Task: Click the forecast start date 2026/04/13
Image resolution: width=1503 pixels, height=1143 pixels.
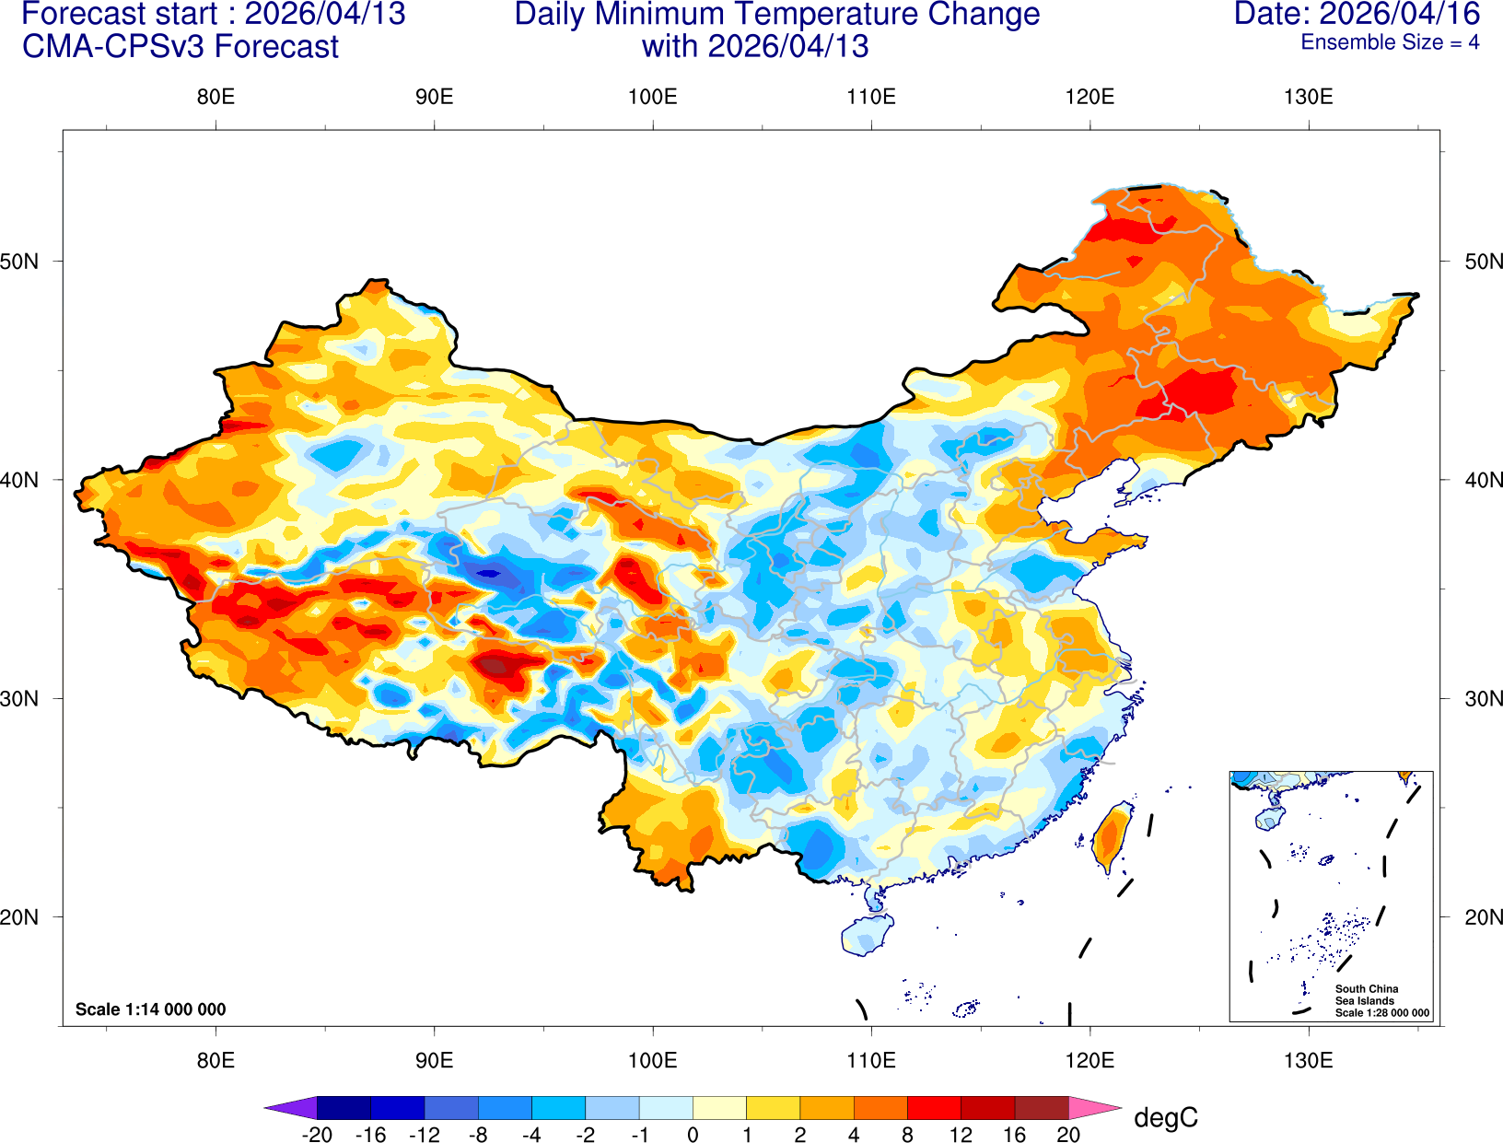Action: tap(324, 15)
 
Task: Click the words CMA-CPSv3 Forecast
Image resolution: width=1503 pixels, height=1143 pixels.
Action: tap(181, 47)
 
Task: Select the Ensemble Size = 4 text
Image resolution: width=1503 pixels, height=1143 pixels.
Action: tap(1390, 42)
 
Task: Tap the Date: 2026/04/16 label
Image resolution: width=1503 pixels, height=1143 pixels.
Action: tap(1357, 15)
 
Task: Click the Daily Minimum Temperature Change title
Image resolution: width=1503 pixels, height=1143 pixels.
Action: tap(776, 15)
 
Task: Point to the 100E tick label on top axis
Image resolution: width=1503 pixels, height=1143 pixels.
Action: tap(652, 98)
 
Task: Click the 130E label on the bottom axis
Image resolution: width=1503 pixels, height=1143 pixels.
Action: tap(1308, 1060)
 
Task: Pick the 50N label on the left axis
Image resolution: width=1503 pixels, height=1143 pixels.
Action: tap(20, 262)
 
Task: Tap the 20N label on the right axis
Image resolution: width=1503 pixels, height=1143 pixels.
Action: tap(1483, 917)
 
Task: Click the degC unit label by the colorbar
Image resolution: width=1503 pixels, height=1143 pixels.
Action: tap(1165, 1118)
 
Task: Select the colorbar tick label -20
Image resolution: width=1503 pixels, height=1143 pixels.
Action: tap(317, 1135)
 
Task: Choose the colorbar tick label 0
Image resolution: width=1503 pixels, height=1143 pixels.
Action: tap(693, 1135)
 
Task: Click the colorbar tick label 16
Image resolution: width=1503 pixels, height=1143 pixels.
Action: tap(1014, 1135)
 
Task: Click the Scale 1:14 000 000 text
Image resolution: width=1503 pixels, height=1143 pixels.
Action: tap(150, 1009)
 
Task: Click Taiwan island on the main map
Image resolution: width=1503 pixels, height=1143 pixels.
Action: tap(1112, 836)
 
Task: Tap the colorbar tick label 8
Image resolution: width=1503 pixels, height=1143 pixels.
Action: tap(907, 1135)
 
